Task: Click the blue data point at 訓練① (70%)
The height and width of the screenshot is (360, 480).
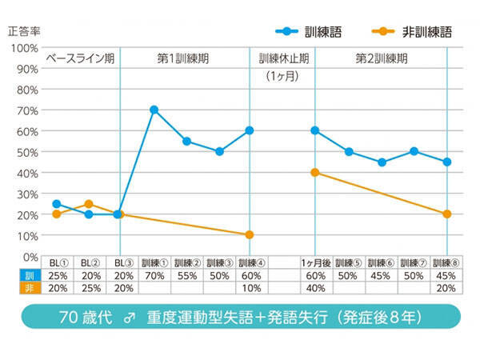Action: pos(154,110)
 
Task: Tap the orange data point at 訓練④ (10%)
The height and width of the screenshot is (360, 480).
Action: pos(250,235)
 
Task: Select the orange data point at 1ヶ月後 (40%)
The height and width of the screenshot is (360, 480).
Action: pos(315,172)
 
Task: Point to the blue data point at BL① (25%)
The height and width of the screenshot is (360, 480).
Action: pos(56,204)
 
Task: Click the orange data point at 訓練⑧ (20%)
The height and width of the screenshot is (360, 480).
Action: pos(447,214)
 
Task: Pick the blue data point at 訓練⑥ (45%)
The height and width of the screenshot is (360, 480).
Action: pos(382,162)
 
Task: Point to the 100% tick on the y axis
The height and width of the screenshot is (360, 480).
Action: pos(24,48)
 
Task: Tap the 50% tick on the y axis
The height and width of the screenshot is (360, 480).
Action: pos(26,152)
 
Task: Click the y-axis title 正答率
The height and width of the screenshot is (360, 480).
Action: pos(24,31)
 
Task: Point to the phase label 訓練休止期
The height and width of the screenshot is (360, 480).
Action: pos(282,59)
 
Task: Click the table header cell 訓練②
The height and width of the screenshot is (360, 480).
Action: pos(186,262)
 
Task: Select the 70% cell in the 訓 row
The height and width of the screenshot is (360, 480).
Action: pos(154,275)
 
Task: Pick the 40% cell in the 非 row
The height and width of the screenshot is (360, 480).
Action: pos(315,288)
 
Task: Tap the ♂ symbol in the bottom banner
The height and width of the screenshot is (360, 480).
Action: pos(127,315)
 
